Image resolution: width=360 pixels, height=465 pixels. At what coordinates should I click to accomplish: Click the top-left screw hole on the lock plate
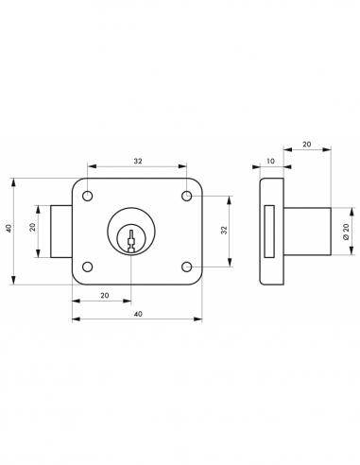coord(88,197)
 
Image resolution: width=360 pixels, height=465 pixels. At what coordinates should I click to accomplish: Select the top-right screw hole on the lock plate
coord(187,197)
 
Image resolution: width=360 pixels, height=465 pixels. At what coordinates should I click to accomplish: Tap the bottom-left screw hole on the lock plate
coord(88,266)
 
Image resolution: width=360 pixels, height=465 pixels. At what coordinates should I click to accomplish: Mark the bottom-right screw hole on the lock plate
coord(187,266)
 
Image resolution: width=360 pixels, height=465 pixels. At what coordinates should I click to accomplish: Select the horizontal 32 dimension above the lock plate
coord(138,162)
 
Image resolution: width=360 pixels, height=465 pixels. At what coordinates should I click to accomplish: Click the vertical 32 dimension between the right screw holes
coord(224,231)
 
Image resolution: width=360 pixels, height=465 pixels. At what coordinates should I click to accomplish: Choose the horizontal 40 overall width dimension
coord(138,314)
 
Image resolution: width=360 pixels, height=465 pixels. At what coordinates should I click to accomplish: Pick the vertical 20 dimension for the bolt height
coord(32,228)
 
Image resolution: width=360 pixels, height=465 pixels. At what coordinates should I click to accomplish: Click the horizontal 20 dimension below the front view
coord(103,296)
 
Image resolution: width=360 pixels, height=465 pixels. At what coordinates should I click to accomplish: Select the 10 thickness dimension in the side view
coord(272,162)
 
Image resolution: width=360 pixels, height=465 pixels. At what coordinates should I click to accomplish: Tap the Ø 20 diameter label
coord(347,231)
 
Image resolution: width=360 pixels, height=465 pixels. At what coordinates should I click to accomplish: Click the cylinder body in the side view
coord(304,232)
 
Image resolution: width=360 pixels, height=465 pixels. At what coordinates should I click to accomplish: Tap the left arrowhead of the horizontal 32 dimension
coord(91,168)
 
